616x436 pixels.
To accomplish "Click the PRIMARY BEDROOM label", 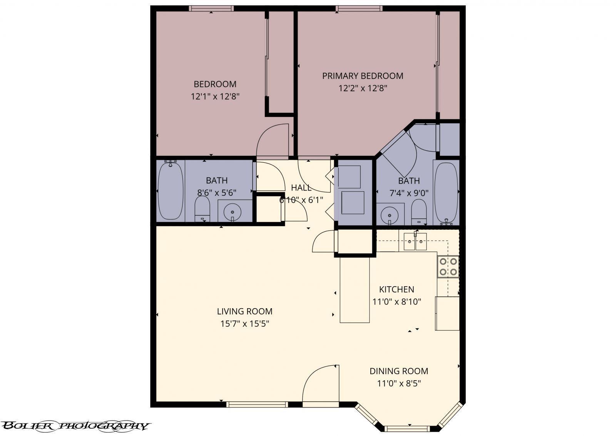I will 362,76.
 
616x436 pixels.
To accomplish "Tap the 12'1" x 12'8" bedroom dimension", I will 215,96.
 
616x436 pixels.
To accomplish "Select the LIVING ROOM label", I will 244,311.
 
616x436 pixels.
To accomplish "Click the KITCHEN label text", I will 397,289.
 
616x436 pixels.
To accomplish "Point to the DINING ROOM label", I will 399,371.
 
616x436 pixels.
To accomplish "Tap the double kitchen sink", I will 415,241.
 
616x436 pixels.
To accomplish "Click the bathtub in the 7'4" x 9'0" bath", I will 446,192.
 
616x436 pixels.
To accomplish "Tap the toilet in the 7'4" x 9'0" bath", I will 419,212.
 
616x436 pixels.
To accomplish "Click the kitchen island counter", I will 355,290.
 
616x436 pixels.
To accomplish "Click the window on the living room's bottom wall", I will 257,404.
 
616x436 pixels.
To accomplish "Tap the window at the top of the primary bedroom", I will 359,8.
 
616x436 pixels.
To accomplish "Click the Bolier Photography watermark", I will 75,426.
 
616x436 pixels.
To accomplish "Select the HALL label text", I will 301,188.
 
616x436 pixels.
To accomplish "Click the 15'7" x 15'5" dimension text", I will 244,324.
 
